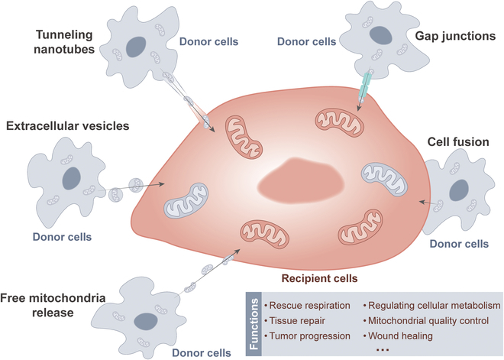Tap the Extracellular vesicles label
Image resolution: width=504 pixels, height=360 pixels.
(x=69, y=124)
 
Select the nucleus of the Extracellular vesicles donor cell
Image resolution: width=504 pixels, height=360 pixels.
(x=71, y=179)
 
